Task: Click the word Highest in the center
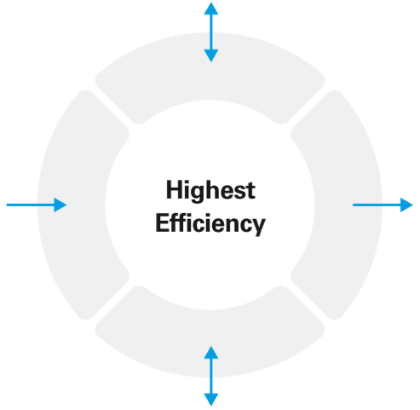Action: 210,190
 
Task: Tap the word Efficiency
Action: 210,223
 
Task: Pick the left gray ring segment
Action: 72,205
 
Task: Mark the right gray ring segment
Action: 348,205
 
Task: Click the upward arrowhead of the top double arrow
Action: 211,9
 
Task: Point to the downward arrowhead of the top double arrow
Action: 211,55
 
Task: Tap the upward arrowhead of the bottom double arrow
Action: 211,352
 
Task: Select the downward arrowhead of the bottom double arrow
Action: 211,400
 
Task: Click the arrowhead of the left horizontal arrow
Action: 60,205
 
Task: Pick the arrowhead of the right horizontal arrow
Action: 406,205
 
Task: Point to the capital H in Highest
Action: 175,189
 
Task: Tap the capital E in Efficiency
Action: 163,222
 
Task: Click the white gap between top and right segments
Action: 308,107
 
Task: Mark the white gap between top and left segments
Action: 112,107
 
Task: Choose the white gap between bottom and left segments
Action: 112,303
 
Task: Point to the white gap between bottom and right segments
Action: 308,303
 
